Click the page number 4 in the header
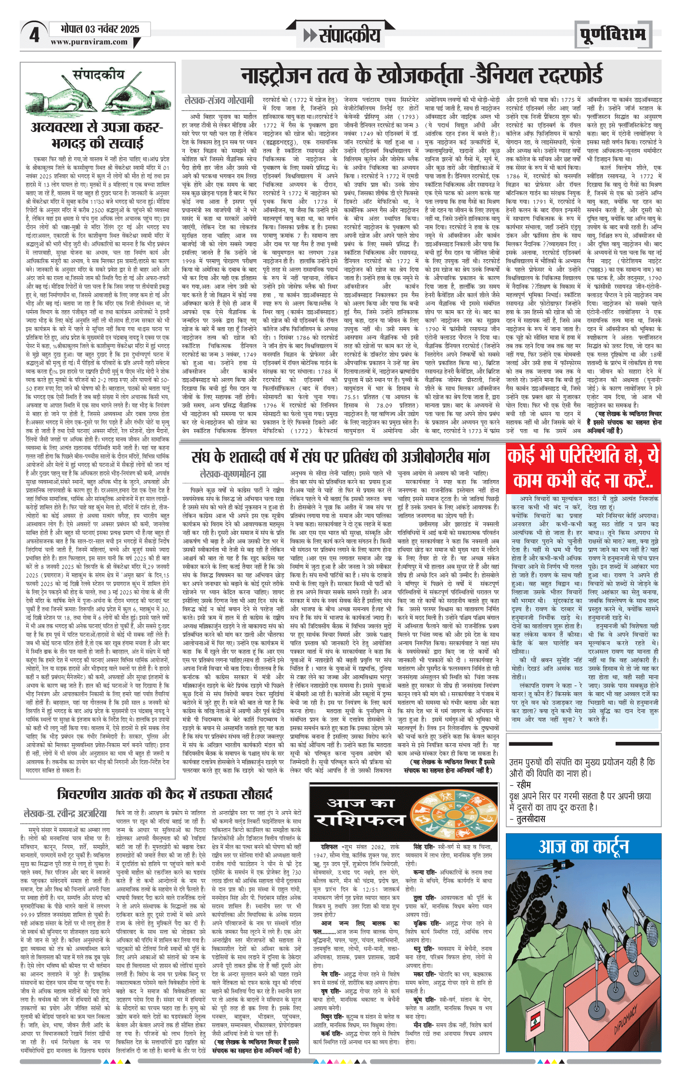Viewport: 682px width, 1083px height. (34, 35)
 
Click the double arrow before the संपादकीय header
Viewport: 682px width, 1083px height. (310, 35)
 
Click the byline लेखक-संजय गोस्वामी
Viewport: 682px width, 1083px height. (219, 101)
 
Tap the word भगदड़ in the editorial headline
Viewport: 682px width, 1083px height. (72, 143)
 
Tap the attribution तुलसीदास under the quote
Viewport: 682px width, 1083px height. (531, 818)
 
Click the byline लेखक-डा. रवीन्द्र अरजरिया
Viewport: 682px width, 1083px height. (65, 814)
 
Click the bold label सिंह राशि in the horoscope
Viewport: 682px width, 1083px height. (424, 846)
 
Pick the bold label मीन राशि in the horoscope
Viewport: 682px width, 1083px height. (423, 1025)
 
